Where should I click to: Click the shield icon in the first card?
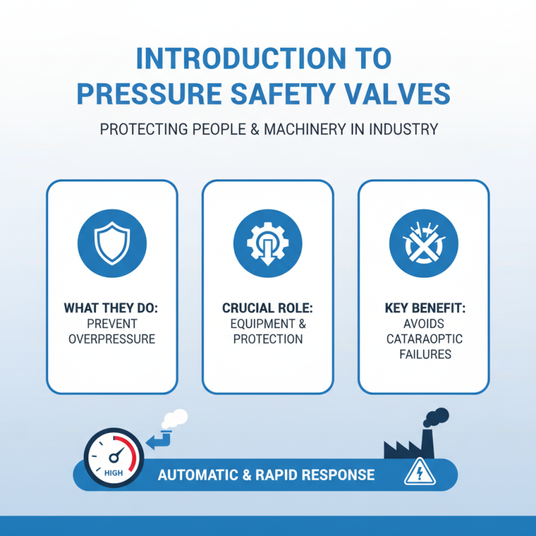(x=112, y=241)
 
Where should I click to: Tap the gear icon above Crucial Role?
(x=267, y=241)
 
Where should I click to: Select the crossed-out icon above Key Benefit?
(x=423, y=241)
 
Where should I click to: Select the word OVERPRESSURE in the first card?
(x=112, y=338)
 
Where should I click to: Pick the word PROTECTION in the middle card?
(x=268, y=338)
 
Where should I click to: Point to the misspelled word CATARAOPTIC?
(x=423, y=338)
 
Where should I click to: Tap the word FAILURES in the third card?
(x=423, y=354)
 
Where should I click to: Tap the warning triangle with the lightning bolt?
(x=415, y=474)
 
